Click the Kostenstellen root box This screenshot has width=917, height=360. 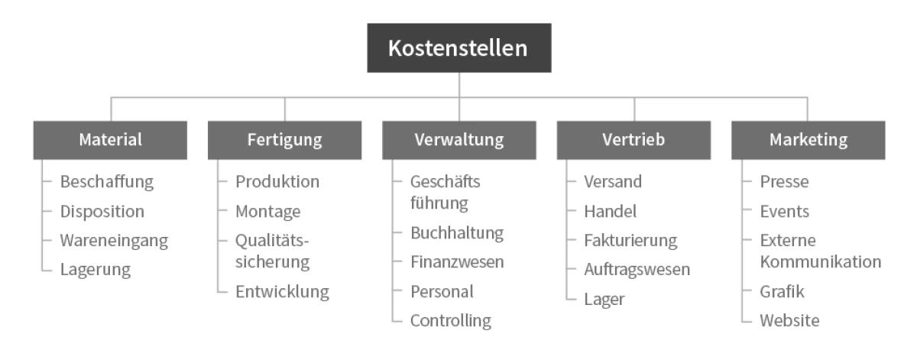(x=459, y=48)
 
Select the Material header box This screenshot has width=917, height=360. (x=110, y=140)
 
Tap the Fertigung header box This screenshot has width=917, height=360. (x=284, y=140)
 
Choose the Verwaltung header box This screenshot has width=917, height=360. (x=459, y=140)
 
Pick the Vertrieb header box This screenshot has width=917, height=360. (x=633, y=140)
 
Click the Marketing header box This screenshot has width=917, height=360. (x=808, y=140)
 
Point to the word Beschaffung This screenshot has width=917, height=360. (x=107, y=182)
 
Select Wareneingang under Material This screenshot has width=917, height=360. (x=114, y=241)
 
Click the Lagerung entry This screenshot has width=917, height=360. (x=96, y=270)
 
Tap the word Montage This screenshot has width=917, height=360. (x=267, y=212)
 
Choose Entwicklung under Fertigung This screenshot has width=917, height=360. (x=282, y=292)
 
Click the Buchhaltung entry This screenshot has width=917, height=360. (x=457, y=233)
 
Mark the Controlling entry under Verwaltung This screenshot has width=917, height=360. (x=451, y=321)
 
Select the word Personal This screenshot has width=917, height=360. (x=442, y=292)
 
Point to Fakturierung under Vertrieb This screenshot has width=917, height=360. (x=630, y=241)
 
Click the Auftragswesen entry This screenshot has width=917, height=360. (x=637, y=270)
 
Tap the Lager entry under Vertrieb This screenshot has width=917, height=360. (x=604, y=300)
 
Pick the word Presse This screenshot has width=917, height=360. (x=784, y=182)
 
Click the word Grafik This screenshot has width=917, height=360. (x=782, y=292)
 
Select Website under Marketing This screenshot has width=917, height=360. (x=789, y=321)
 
